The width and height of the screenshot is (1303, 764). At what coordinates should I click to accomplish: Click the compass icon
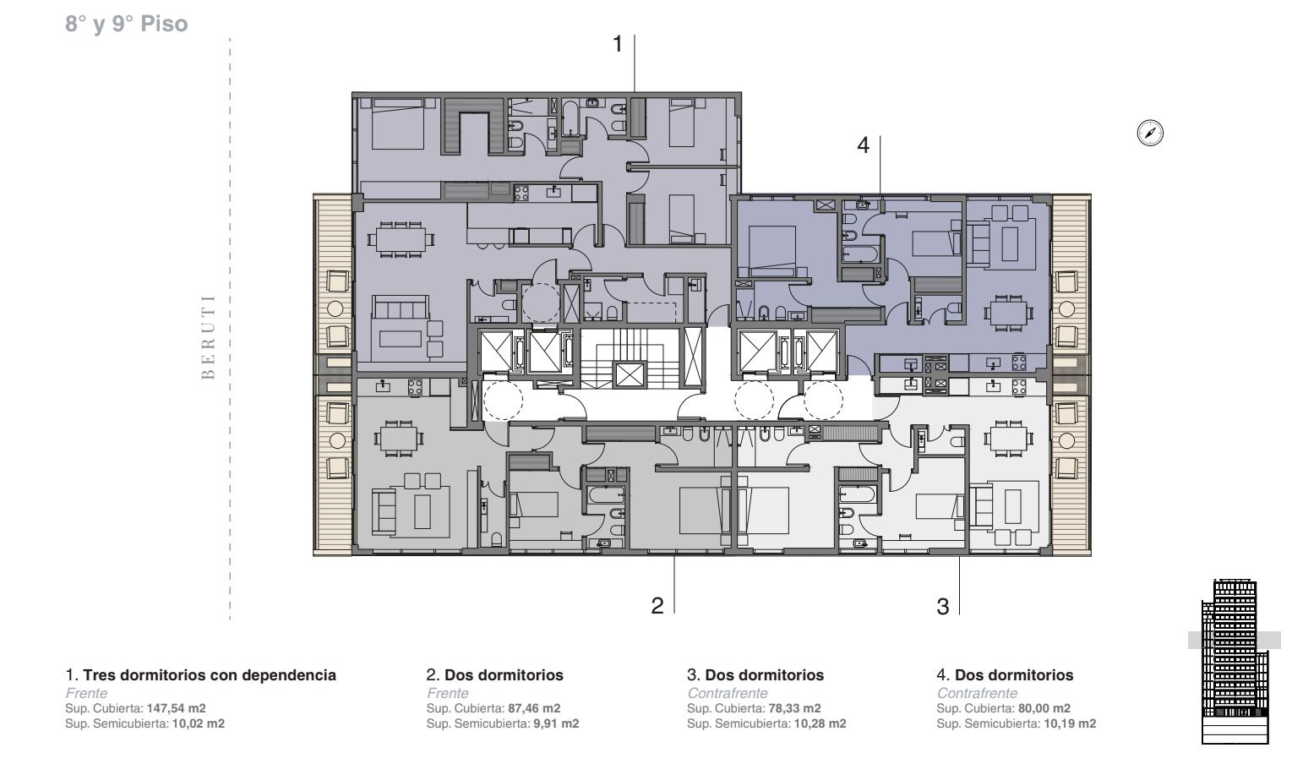click(1150, 133)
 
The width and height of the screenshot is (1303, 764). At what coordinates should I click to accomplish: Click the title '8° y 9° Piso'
click(126, 24)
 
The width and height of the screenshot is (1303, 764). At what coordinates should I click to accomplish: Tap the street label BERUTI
click(208, 337)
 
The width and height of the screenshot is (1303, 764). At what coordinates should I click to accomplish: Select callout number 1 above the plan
click(618, 44)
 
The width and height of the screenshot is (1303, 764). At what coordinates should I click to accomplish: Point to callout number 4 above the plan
click(864, 145)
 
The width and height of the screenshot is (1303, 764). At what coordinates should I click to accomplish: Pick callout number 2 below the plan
click(657, 606)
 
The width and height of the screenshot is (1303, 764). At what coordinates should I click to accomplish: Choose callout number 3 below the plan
click(943, 607)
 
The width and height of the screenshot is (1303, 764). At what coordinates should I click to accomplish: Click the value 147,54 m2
click(177, 708)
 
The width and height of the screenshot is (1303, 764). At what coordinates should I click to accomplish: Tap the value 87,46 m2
click(534, 708)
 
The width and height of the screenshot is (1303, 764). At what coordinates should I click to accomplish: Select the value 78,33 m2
click(794, 708)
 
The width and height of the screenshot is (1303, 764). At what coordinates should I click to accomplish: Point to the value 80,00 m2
click(1044, 708)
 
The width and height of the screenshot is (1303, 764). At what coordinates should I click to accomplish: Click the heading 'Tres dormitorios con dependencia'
click(210, 675)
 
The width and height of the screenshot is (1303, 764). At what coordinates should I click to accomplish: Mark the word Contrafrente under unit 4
click(977, 693)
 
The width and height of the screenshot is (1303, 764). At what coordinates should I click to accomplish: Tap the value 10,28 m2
click(820, 723)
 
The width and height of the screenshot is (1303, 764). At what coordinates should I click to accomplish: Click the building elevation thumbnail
click(1235, 662)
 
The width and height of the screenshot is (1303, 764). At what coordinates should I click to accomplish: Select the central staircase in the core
click(630, 358)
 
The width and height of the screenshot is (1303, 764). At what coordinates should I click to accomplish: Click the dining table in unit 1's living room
click(401, 238)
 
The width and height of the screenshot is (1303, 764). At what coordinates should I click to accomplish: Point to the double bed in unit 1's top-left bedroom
click(397, 124)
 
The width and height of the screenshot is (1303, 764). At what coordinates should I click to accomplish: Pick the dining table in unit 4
click(1009, 313)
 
